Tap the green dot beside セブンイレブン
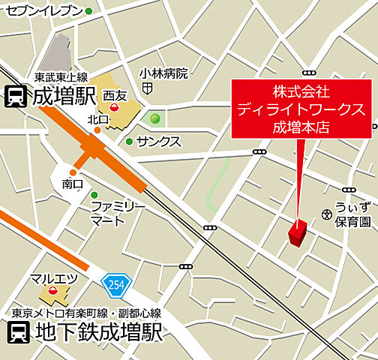pyautogui.click(x=88, y=11)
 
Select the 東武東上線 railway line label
pyautogui.click(x=61, y=77)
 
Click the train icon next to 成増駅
pyautogui.click(x=16, y=96)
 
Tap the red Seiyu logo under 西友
pyautogui.click(x=114, y=109)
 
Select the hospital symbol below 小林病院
pyautogui.click(x=148, y=88)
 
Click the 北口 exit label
pyautogui.click(x=98, y=118)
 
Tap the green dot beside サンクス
pyautogui.click(x=129, y=141)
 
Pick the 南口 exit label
pyautogui.click(x=73, y=182)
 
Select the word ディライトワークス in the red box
pyautogui.click(x=301, y=109)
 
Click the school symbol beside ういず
pyautogui.click(x=326, y=214)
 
